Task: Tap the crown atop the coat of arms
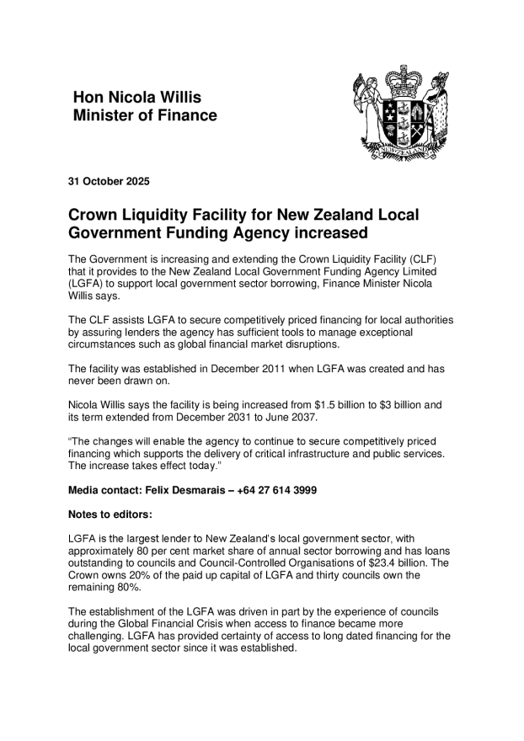(x=404, y=82)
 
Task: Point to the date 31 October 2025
(x=109, y=181)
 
